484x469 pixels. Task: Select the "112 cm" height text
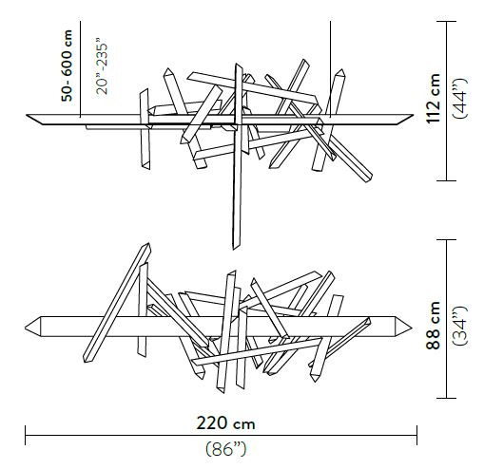(434, 99)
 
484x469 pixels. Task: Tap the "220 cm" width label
(221, 422)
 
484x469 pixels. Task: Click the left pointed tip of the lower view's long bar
(27, 324)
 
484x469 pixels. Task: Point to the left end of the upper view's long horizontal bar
(28, 117)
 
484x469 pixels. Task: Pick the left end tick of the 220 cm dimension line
(26, 437)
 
